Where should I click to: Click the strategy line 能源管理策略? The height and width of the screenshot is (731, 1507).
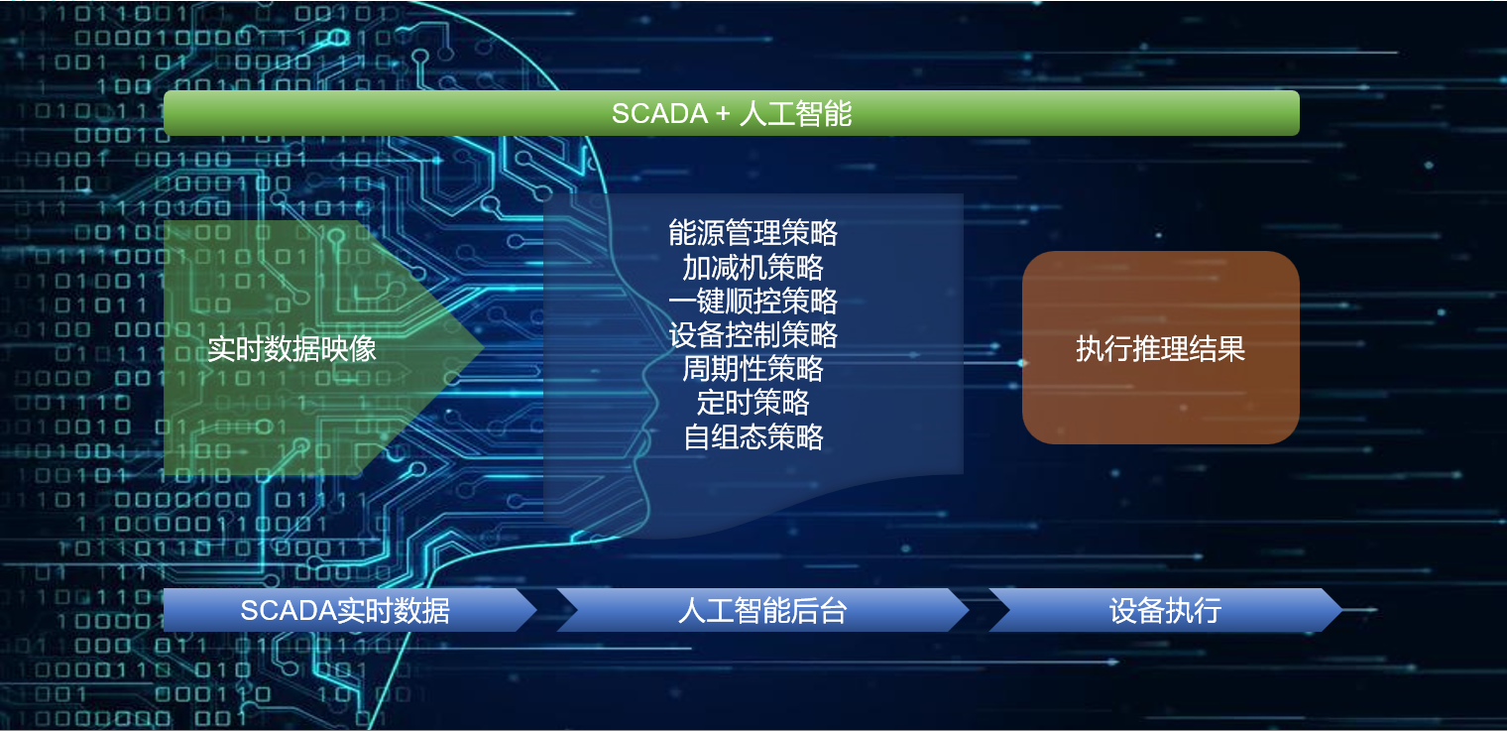point(753,233)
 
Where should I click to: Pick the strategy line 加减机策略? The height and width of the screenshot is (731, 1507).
point(753,267)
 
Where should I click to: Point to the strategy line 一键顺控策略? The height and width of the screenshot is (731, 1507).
point(753,301)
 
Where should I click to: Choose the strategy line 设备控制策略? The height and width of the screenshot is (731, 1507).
point(753,335)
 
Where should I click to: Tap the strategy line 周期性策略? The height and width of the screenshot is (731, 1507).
point(753,369)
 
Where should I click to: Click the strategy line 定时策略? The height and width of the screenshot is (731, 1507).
point(753,403)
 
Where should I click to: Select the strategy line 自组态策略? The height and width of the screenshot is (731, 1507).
point(753,436)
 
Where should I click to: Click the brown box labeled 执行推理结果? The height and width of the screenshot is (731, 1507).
point(1160,348)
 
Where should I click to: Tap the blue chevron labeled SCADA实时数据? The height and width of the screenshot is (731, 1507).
point(347,610)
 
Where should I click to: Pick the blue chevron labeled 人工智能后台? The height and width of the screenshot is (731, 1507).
point(761,610)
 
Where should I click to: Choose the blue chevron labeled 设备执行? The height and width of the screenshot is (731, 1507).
point(1165,610)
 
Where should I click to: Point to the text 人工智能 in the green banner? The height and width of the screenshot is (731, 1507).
point(795,113)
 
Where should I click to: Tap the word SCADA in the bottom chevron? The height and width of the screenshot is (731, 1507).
point(288,610)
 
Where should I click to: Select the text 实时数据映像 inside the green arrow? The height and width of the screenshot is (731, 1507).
point(291,349)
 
